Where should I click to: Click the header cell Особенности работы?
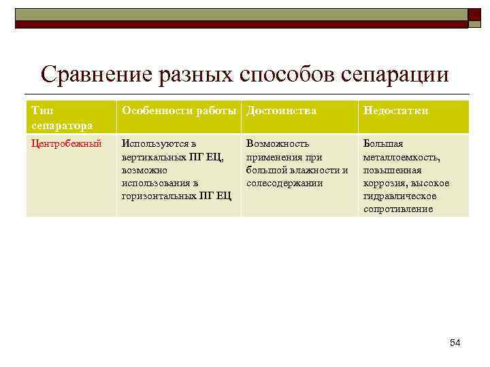click(178, 111)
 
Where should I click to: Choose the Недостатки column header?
click(395, 111)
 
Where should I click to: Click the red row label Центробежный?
click(67, 144)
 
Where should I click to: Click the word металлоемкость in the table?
click(401, 157)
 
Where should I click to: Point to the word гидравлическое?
click(399, 196)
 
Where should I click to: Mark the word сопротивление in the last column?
click(397, 209)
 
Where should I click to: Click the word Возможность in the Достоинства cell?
click(278, 144)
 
